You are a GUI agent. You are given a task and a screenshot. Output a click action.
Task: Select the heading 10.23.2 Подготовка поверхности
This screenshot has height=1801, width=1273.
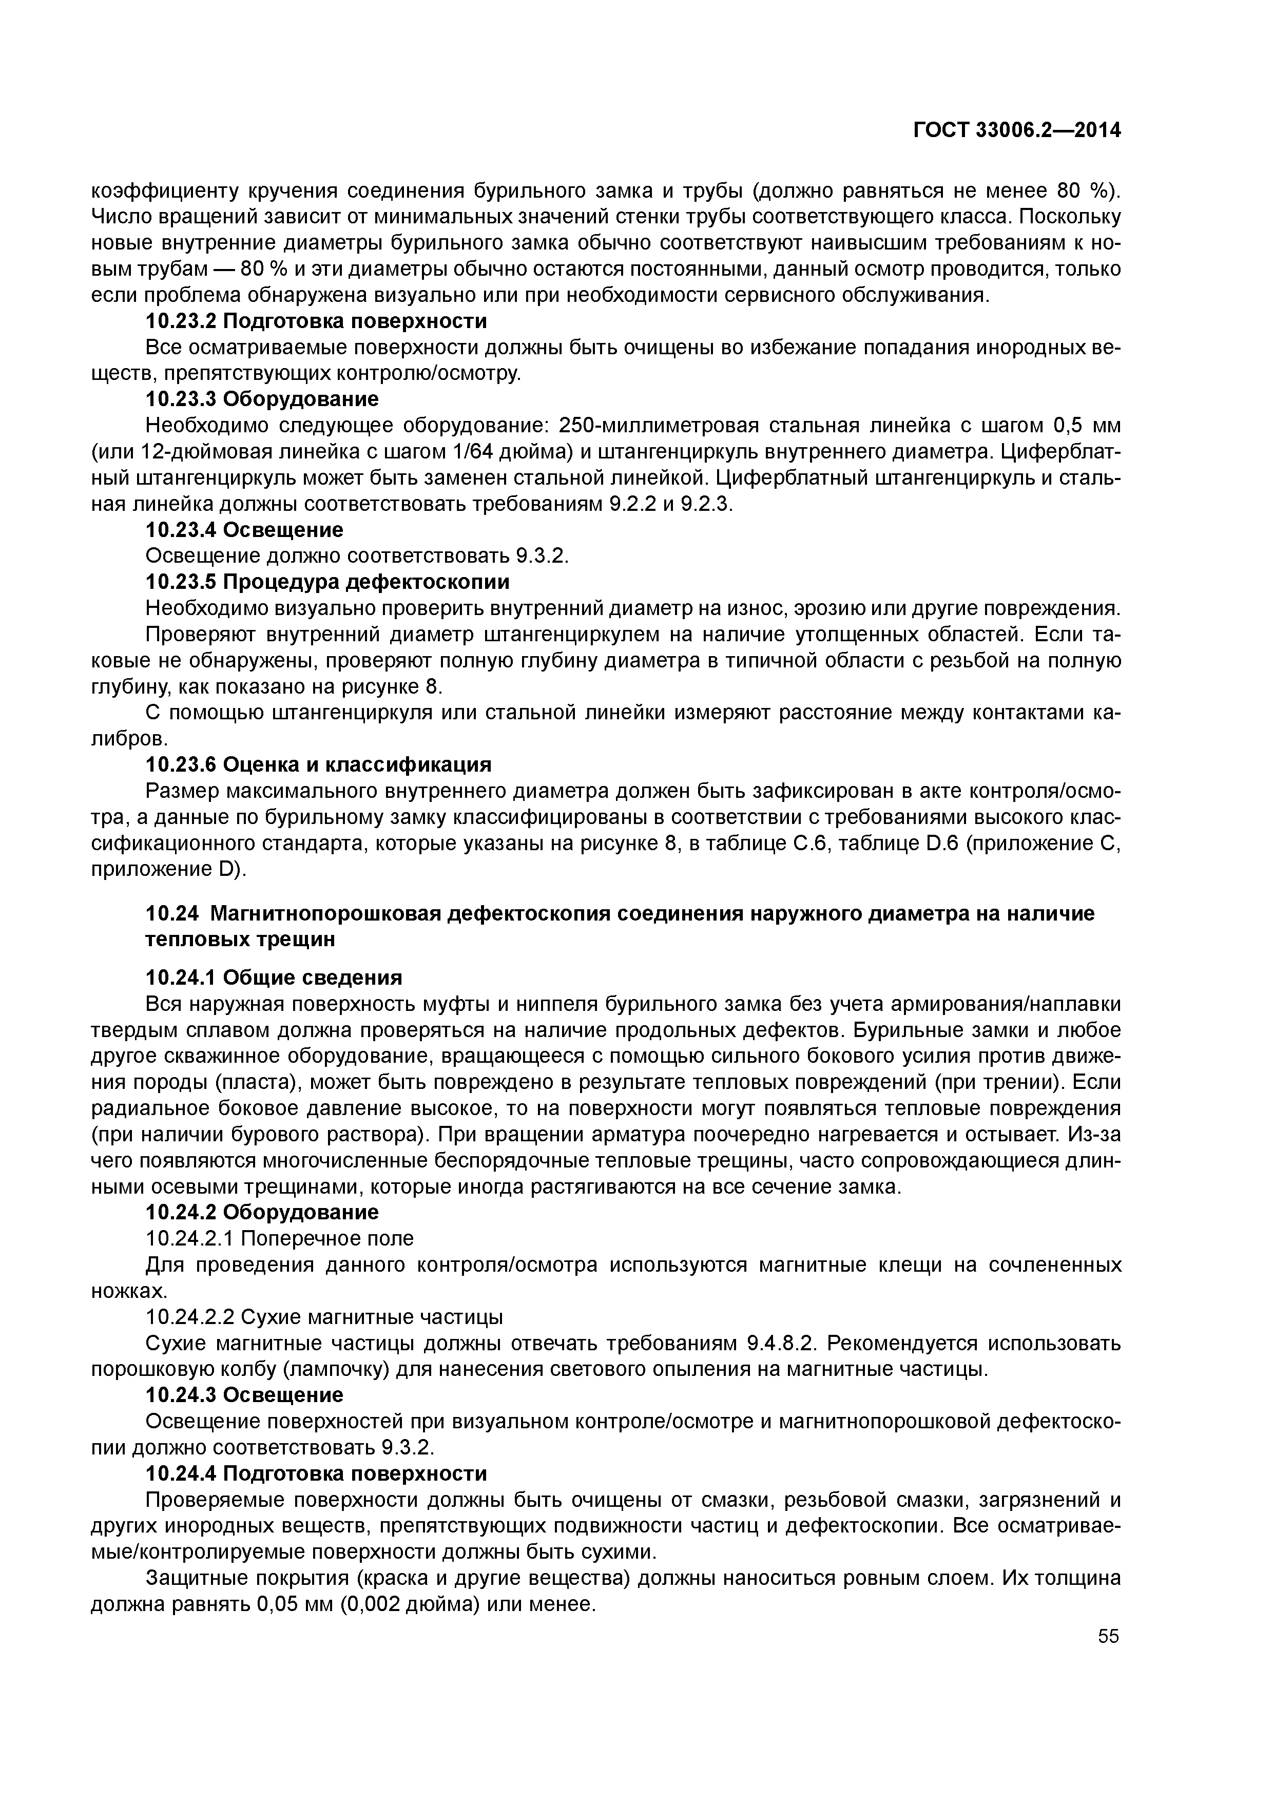pos(316,321)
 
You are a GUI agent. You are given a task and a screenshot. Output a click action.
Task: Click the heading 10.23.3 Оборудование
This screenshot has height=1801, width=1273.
pos(262,399)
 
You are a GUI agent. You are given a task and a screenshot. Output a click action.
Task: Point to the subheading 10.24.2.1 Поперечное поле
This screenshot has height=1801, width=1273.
pos(279,1239)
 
